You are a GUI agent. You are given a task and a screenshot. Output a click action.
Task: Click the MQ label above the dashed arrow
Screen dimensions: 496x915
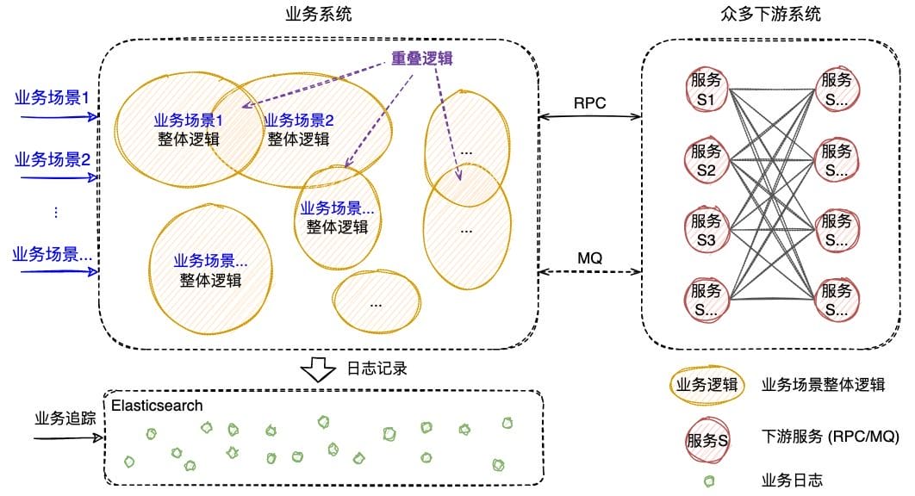pyautogui.click(x=590, y=257)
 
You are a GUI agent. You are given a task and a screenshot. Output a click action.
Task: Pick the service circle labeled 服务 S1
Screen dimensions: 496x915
pyautogui.click(x=706, y=90)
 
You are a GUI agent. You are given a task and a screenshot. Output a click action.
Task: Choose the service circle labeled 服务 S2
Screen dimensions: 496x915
pyautogui.click(x=706, y=160)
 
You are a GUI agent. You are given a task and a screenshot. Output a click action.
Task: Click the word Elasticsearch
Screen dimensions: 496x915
pyautogui.click(x=157, y=405)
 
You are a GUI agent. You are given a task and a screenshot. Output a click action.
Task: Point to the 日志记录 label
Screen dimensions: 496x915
pyautogui.click(x=376, y=369)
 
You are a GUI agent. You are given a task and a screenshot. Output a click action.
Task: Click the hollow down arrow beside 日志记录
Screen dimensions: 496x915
pyautogui.click(x=318, y=369)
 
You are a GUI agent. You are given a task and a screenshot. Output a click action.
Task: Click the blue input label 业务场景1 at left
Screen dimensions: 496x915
pyautogui.click(x=53, y=97)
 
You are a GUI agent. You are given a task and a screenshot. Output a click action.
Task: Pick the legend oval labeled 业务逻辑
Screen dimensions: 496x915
pyautogui.click(x=706, y=385)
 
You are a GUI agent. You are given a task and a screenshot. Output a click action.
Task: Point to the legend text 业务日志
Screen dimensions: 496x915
pyautogui.click(x=793, y=480)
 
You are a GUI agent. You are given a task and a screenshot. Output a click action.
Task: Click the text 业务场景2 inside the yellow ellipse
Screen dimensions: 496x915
pyautogui.click(x=298, y=121)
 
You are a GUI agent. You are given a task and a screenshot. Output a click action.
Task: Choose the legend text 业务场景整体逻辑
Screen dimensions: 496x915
pyautogui.click(x=824, y=385)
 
